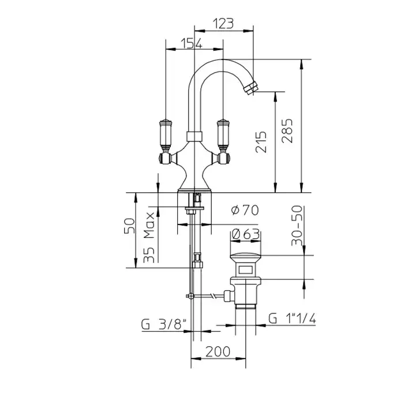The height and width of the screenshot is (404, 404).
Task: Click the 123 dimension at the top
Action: [x=223, y=24]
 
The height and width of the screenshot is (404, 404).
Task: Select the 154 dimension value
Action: [x=192, y=43]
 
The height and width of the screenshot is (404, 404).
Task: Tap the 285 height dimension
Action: [x=287, y=130]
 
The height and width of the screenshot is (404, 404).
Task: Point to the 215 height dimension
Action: [x=261, y=142]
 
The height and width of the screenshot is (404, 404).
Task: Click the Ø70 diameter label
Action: [x=245, y=210]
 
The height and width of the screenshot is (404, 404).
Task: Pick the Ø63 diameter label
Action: [x=246, y=234]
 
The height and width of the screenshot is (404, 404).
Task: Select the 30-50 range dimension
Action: [x=297, y=226]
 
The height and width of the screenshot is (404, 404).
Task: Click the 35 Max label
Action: [x=149, y=237]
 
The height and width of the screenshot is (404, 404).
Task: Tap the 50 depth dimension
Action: [x=129, y=226]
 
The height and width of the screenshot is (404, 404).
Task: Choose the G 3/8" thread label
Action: [x=164, y=324]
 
